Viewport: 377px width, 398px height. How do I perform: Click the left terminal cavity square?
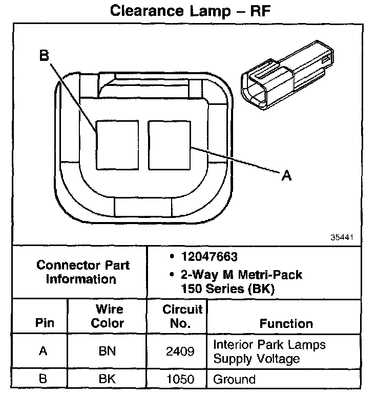[117, 145]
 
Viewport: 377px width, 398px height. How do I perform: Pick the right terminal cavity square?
[169, 145]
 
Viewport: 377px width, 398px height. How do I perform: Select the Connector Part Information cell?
[83, 272]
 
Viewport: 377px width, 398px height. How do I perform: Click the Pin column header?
[45, 323]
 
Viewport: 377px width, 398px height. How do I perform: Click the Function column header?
[286, 323]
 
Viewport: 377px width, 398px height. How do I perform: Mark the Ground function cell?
[234, 379]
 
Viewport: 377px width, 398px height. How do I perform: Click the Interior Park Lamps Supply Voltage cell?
[269, 351]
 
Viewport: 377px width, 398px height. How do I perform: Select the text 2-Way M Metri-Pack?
[241, 275]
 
